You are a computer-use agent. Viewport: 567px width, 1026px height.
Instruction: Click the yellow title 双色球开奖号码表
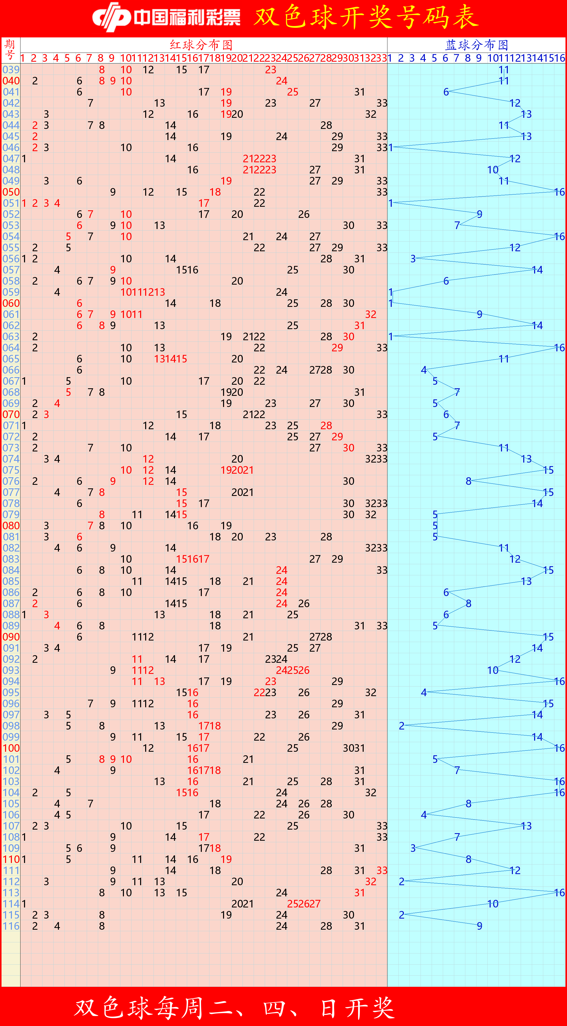tap(366, 17)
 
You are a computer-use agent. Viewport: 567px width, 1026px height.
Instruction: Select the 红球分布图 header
tap(201, 44)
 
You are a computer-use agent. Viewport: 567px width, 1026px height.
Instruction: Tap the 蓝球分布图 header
tap(476, 44)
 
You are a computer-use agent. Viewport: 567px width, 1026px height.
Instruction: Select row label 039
tap(11, 70)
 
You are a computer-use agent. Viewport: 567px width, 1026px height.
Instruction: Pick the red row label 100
tap(11, 748)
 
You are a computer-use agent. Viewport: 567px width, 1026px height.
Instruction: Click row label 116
tap(11, 926)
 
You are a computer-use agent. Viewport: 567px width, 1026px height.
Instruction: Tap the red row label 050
tap(11, 192)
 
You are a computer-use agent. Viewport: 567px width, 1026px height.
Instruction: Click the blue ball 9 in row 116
tap(479, 926)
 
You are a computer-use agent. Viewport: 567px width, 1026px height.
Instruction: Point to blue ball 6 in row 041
tap(446, 92)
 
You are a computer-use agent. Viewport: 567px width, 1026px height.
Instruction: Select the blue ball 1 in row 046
tap(391, 147)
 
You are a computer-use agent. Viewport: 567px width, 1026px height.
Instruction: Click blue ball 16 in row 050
tap(559, 192)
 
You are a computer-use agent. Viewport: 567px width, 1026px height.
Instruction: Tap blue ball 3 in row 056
tap(413, 259)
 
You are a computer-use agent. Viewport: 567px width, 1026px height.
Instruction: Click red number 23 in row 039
tap(271, 70)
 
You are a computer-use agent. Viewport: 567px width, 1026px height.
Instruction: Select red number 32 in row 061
tap(370, 314)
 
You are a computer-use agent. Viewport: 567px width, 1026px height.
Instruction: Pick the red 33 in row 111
tap(382, 870)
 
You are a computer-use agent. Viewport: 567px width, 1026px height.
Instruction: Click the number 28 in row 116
tap(326, 926)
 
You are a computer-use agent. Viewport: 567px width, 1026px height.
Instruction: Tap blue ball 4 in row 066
tap(424, 370)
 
